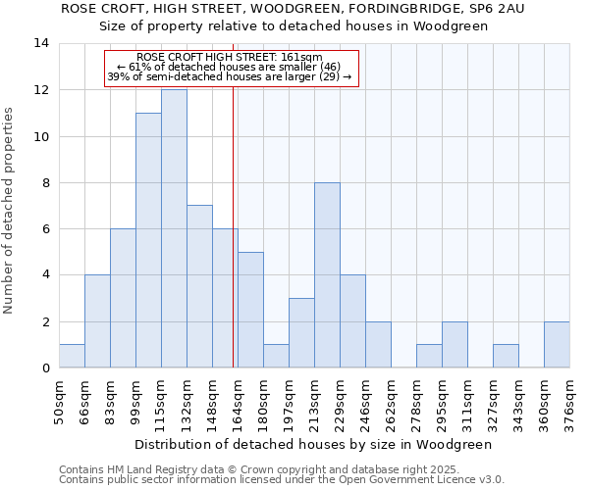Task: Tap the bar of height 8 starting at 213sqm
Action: (327, 275)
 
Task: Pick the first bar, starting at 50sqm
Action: (72, 357)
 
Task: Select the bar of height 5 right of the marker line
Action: (250, 310)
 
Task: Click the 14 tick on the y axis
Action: (41, 43)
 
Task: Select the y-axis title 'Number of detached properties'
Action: (10, 206)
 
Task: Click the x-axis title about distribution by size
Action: (312, 444)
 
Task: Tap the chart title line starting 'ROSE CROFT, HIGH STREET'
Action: (294, 9)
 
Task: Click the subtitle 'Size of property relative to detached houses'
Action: (294, 26)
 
